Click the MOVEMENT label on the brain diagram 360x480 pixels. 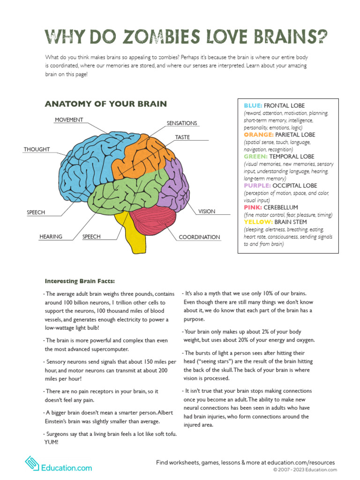tap(69, 120)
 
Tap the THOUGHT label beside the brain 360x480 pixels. tap(37, 150)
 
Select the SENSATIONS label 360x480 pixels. tap(182, 123)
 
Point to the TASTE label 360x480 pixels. tap(182, 137)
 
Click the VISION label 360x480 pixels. tap(206, 211)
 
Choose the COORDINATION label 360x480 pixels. tap(199, 237)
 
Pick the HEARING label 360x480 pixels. tap(51, 237)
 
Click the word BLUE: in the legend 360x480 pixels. tap(253, 106)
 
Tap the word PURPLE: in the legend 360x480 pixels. tap(257, 186)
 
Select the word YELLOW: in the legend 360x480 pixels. tap(258, 222)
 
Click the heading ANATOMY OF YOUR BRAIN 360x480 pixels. tap(105, 104)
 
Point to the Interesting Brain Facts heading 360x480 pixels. tap(80, 281)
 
